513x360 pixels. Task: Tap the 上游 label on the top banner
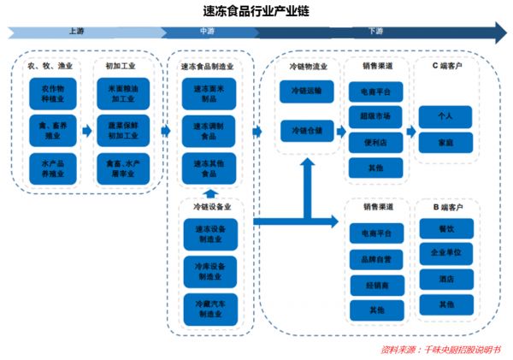tap(75, 31)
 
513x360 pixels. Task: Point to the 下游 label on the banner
tap(376, 31)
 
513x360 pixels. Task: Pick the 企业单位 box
tap(445, 253)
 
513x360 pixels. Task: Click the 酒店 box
tap(445, 279)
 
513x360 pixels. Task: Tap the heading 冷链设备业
tap(206, 207)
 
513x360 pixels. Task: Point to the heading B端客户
tap(448, 207)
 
